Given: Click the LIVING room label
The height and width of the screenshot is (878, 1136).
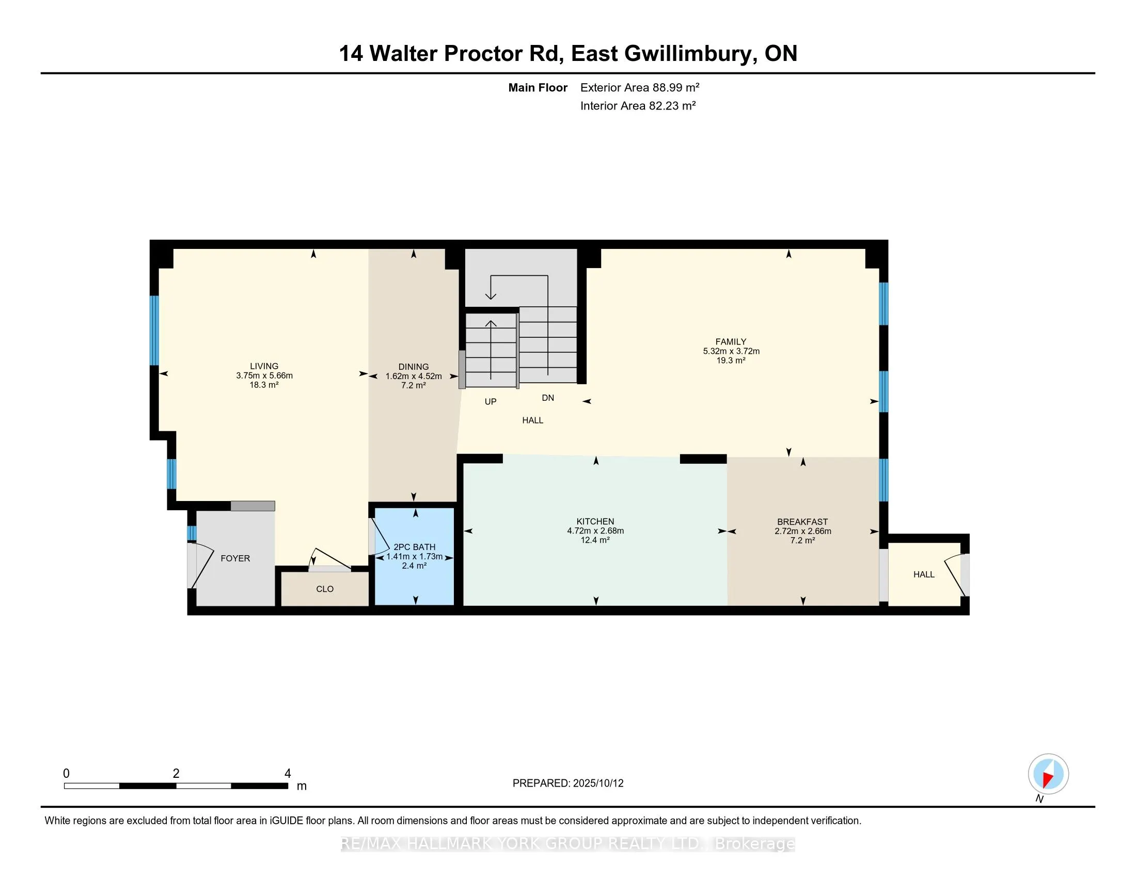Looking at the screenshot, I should point(264,366).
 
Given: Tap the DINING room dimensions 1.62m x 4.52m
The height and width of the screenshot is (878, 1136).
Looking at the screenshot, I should point(414,376).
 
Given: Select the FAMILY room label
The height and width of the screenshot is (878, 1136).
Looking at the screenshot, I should point(731,342).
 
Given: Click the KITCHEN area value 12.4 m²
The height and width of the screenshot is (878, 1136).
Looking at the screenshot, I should point(595,540).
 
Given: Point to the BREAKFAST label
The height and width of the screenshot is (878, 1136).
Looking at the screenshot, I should point(802,522).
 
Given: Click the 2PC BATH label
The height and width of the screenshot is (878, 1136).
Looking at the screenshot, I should point(415,547).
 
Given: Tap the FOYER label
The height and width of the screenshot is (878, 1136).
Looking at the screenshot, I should point(235,559).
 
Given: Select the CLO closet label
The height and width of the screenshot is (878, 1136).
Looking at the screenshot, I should point(325,589).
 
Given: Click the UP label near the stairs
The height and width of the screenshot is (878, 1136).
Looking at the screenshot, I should point(491,401).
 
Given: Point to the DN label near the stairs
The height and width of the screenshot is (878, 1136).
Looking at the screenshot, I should point(548,398).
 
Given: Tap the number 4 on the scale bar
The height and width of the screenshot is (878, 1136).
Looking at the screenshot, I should point(288,774).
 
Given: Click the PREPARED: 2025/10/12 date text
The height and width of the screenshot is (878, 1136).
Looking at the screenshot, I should point(568,783).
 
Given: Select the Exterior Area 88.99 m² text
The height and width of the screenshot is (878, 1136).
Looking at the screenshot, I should point(640,87).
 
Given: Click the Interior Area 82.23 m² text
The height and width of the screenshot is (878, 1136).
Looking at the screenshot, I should point(638,106).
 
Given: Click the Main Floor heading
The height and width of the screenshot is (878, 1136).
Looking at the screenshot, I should point(538,88).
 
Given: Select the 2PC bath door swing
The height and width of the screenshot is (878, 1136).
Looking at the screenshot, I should point(378,536).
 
